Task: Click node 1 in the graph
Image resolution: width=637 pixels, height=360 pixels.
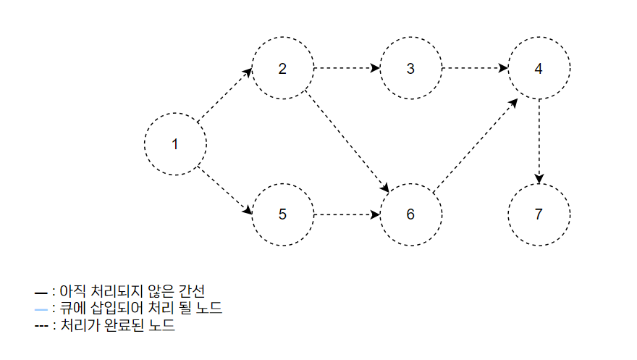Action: coord(174,143)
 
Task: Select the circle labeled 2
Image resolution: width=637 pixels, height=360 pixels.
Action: coord(282,70)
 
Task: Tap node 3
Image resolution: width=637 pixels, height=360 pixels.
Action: coord(410,70)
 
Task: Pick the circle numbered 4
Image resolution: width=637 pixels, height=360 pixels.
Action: coord(539,70)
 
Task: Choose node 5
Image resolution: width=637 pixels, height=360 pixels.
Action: coord(282,215)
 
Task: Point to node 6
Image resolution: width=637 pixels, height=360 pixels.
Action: coord(410,215)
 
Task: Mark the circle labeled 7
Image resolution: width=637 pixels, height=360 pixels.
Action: coord(539,215)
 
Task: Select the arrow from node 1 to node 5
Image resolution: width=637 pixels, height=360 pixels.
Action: coord(225,192)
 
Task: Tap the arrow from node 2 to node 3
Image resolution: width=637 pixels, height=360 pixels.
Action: coord(347,70)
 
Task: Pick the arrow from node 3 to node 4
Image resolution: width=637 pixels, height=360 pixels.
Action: coord(475,70)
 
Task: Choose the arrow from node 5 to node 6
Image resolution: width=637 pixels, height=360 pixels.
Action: coord(347,215)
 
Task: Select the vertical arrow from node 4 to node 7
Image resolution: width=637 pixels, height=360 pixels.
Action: coord(539,142)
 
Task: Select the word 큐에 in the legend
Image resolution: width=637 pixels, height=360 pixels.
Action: coord(69,309)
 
